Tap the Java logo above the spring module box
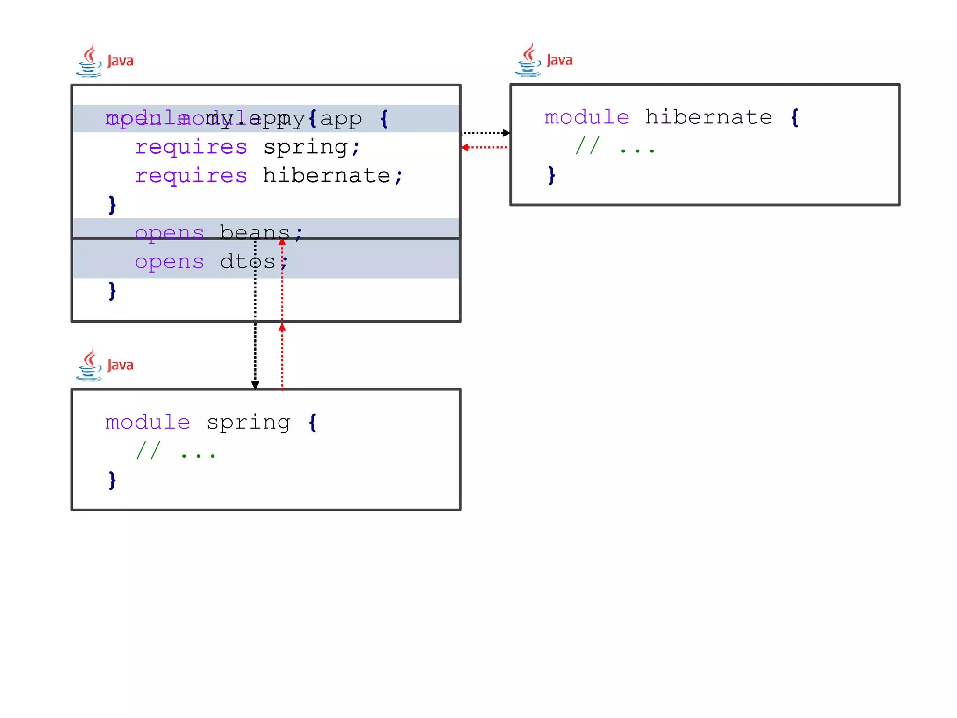(x=105, y=365)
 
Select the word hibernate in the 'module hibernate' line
(x=708, y=117)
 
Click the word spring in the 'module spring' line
(x=248, y=423)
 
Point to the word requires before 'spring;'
(x=191, y=147)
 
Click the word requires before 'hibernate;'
(x=191, y=176)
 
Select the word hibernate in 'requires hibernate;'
(x=326, y=176)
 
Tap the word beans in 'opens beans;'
(x=255, y=232)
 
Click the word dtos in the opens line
(x=248, y=262)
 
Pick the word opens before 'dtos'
(x=170, y=262)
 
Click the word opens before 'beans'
(x=170, y=232)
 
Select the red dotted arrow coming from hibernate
(x=484, y=147)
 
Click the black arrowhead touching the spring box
(x=255, y=385)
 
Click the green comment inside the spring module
(x=176, y=451)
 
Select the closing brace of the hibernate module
(x=551, y=175)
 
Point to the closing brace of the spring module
(x=112, y=480)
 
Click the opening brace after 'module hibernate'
(x=795, y=117)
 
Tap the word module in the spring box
(x=148, y=423)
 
